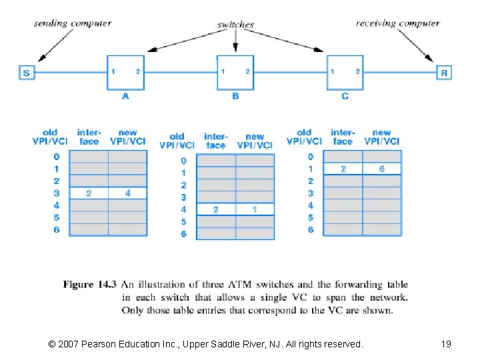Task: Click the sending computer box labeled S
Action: click(27, 73)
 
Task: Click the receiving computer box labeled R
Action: click(444, 73)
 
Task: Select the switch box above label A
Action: click(125, 71)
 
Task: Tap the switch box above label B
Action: click(235, 71)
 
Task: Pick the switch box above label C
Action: click(345, 71)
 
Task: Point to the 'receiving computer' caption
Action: click(398, 23)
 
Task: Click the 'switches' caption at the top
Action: click(235, 25)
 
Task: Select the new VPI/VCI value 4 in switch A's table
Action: click(127, 193)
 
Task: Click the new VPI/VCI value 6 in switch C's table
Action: click(382, 169)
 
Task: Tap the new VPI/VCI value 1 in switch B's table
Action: click(255, 209)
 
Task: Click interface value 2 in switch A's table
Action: click(89, 193)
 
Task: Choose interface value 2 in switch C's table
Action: click(343, 169)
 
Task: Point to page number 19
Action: click(446, 344)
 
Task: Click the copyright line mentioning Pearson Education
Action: click(206, 344)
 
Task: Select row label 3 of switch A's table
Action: click(57, 193)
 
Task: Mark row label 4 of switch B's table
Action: click(183, 209)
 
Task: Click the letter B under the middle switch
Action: click(235, 96)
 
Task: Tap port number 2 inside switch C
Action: click(357, 71)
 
